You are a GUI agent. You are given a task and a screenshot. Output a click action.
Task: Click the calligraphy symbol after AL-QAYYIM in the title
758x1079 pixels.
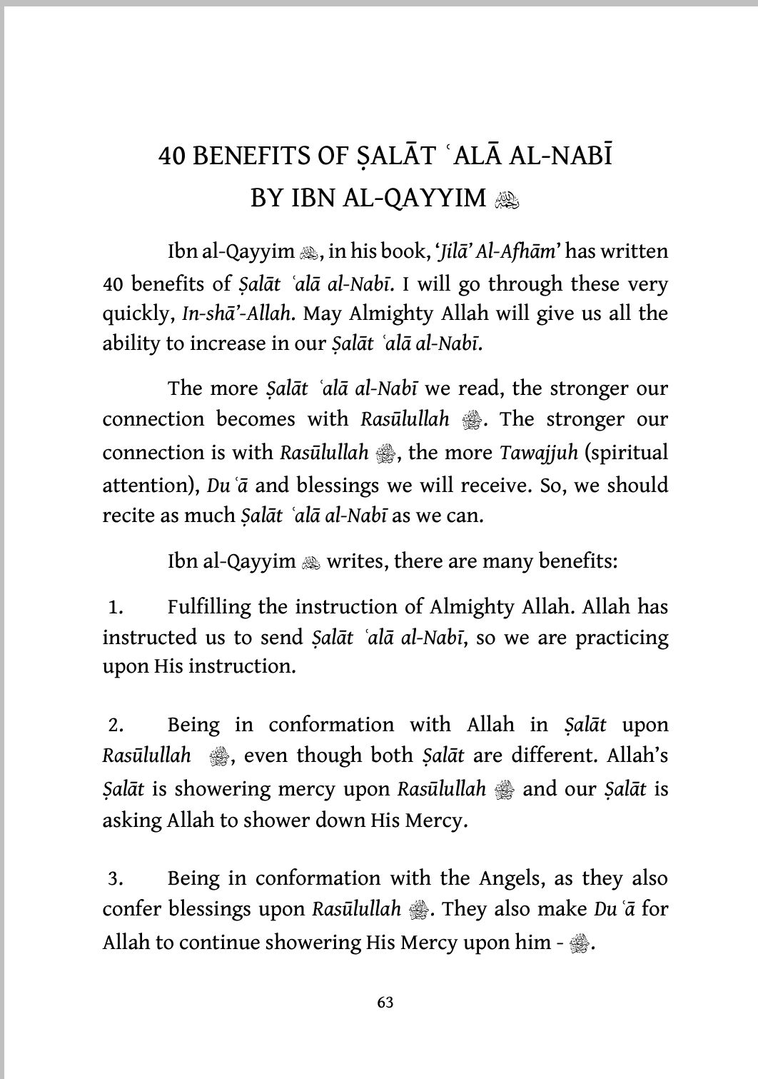pos(507,199)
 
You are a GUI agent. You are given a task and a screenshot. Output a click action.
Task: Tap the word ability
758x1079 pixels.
pos(131,343)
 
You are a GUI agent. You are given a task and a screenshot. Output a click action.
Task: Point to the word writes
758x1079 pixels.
pos(355,561)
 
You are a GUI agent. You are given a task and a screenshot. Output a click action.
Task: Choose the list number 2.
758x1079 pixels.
pos(116,726)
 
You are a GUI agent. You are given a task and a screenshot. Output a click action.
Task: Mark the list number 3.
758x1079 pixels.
pos(116,879)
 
